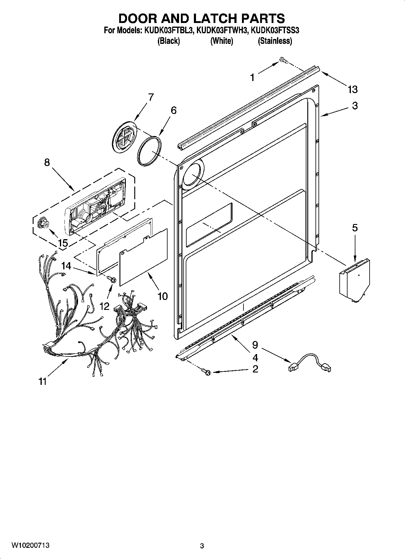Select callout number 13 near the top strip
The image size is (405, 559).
pyautogui.click(x=352, y=89)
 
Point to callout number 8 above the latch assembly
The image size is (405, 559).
pyautogui.click(x=47, y=162)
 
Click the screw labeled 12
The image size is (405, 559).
pyautogui.click(x=113, y=280)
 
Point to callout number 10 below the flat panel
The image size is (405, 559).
pyautogui.click(x=162, y=296)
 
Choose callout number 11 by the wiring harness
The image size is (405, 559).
pyautogui.click(x=43, y=382)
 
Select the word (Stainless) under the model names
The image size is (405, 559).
pyautogui.click(x=275, y=41)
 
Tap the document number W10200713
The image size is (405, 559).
pyautogui.click(x=31, y=545)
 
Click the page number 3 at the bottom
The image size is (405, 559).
pyautogui.click(x=202, y=546)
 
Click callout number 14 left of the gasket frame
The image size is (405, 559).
pyautogui.click(x=66, y=266)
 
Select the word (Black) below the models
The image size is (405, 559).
pyautogui.click(x=168, y=41)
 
